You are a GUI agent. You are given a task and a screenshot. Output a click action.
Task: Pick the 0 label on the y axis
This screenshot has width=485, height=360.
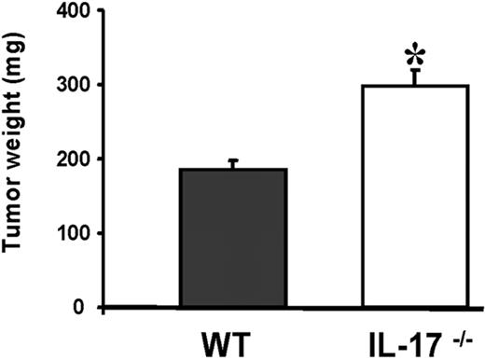coord(80,307)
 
